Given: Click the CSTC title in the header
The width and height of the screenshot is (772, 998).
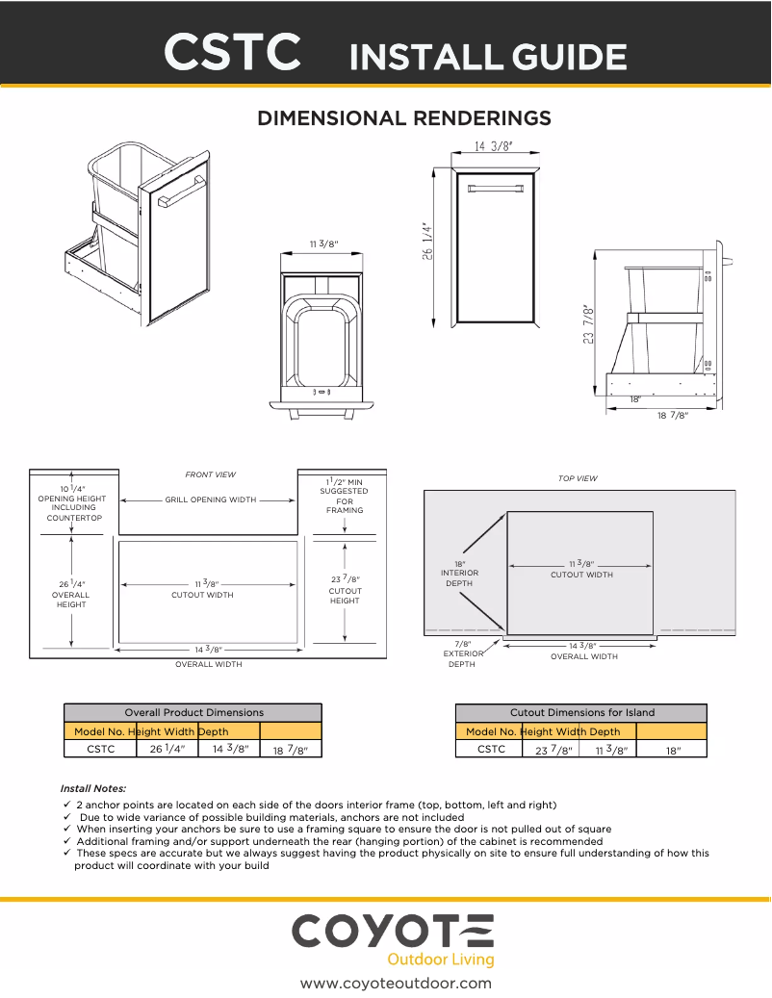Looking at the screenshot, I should [x=232, y=53].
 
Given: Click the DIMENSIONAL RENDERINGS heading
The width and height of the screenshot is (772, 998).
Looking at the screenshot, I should [x=404, y=118].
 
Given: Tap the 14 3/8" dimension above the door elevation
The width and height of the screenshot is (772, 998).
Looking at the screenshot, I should [x=494, y=147].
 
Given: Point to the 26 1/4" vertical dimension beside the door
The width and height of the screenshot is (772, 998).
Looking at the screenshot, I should [x=426, y=242].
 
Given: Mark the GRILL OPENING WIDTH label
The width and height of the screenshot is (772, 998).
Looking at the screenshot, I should [x=211, y=500].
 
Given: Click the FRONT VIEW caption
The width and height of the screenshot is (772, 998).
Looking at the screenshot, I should [x=210, y=474].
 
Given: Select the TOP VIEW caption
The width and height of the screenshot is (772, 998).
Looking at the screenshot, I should [x=578, y=478].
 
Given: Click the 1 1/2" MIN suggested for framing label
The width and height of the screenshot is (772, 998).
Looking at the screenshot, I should [x=345, y=494].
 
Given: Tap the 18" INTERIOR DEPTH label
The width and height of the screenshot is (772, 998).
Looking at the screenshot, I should [x=460, y=574].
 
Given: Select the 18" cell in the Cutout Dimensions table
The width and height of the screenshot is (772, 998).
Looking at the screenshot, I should [x=672, y=750].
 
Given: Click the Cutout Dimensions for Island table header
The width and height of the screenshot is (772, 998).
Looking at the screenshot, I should [x=581, y=712].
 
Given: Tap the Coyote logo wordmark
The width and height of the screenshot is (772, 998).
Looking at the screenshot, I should [x=393, y=932].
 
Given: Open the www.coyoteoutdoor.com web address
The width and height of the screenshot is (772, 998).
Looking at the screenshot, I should [x=396, y=983].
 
